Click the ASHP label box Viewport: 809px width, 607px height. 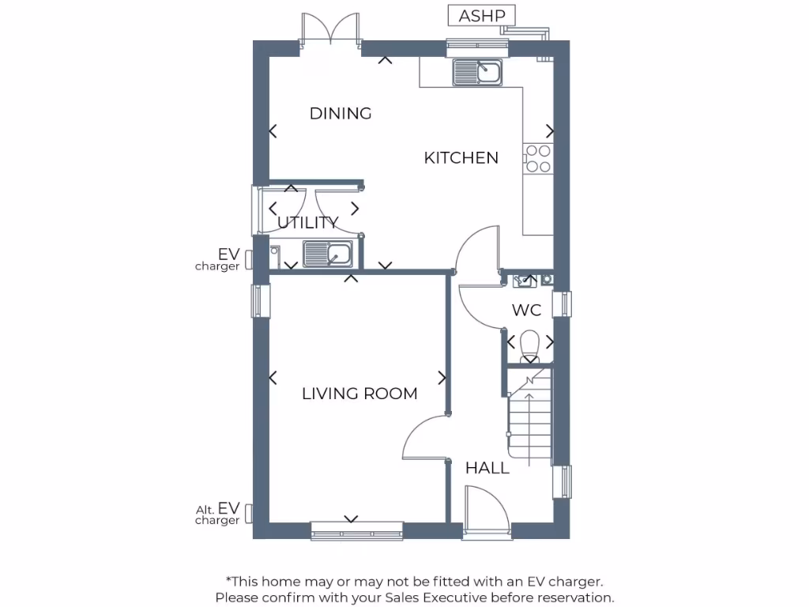482,15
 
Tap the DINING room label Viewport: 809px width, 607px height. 341,113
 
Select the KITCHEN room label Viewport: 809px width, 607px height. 461,158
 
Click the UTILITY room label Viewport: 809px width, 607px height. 308,222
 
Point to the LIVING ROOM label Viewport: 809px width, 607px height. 359,394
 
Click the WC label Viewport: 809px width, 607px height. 526,311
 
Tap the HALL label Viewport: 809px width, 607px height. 487,469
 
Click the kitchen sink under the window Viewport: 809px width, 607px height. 478,73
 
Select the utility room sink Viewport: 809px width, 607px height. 329,254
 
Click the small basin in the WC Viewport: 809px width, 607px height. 525,279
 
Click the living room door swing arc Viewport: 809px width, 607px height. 423,436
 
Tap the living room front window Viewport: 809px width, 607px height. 357,530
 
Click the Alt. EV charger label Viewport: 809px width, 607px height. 218,514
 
